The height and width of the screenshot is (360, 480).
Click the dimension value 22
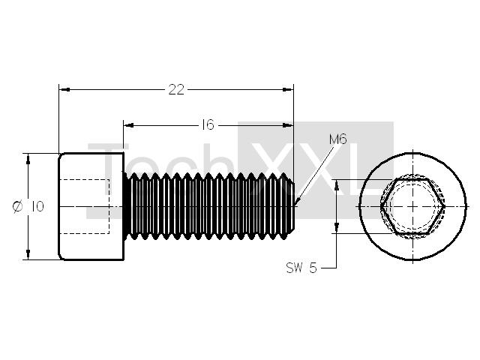click(x=177, y=90)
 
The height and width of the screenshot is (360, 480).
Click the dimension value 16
click(x=208, y=125)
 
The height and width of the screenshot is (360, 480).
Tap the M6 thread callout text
click(x=338, y=139)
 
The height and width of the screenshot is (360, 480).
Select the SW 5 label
click(x=301, y=268)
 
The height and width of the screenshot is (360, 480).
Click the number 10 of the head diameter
click(x=37, y=207)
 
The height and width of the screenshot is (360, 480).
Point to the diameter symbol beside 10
click(x=17, y=206)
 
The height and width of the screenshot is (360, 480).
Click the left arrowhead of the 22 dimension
click(x=64, y=89)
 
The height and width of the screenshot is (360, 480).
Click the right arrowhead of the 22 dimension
click(x=288, y=89)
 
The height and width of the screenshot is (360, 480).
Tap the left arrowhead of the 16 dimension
click(x=129, y=125)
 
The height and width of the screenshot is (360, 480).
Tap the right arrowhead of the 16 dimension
click(x=288, y=125)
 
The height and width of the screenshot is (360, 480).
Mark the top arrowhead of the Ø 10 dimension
click(x=28, y=159)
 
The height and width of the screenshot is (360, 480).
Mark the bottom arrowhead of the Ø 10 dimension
click(x=28, y=254)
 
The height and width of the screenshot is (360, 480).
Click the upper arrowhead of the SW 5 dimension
click(x=337, y=185)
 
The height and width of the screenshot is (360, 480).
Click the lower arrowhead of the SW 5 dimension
click(x=337, y=228)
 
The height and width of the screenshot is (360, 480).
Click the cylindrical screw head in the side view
click(x=91, y=206)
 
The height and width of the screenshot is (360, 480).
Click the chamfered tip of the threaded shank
click(x=292, y=207)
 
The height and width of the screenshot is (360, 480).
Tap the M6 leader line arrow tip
click(x=295, y=205)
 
